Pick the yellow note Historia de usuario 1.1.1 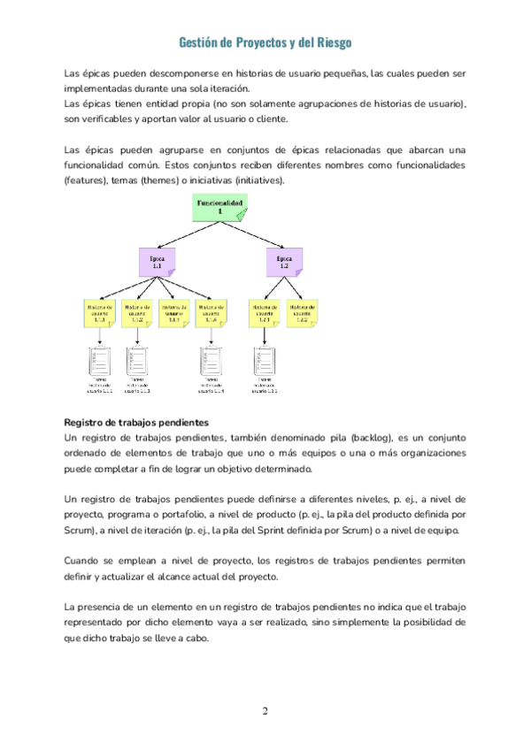(x=99, y=313)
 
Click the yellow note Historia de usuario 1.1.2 (x=137, y=313)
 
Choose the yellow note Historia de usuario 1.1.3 (x=174, y=313)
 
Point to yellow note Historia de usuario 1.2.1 (x=265, y=313)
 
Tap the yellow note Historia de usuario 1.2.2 (x=303, y=313)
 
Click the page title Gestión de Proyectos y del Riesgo (x=265, y=42)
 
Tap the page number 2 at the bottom (x=265, y=711)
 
